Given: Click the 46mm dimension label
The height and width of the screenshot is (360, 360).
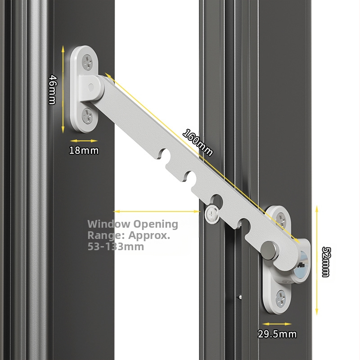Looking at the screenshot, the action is (x=53, y=90).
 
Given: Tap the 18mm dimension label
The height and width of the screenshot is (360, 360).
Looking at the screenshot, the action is (x=84, y=150).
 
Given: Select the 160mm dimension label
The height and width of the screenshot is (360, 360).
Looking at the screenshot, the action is (x=198, y=142).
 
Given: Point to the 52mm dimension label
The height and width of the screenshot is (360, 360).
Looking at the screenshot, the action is (x=326, y=262).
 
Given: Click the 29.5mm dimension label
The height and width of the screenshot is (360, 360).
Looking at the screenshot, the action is (x=277, y=334).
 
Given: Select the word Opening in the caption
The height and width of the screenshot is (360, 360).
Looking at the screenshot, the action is (x=156, y=225).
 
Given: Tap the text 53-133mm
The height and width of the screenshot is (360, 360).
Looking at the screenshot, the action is (x=116, y=247).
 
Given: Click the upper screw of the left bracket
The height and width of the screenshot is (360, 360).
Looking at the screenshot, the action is (x=87, y=62).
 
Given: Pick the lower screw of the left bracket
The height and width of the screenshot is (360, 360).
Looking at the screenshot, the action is (x=88, y=116).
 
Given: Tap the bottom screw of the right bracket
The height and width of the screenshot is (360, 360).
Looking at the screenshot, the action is (x=281, y=299).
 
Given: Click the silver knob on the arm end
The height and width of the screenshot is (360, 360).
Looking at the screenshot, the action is (x=269, y=250).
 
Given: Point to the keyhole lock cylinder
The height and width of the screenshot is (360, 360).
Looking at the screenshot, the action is (x=301, y=266).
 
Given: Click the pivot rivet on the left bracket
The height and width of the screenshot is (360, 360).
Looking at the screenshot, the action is (x=91, y=87).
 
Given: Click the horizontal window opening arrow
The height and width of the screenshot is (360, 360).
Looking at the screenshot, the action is (x=157, y=211).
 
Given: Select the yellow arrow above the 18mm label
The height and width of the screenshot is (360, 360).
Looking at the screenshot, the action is (x=84, y=141).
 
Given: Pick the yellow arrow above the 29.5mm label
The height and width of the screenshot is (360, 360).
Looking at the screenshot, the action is (x=277, y=324).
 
